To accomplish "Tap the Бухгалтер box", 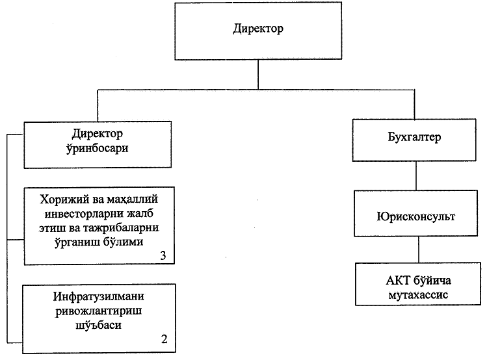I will tap(416, 139).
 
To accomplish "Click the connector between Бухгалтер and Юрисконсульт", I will tap(415, 174).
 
